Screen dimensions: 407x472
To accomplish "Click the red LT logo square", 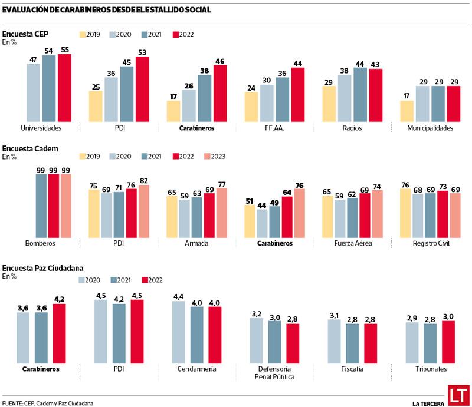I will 457,395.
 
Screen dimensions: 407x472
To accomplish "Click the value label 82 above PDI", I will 143,180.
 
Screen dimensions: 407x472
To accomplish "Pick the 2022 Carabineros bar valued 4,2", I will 60,333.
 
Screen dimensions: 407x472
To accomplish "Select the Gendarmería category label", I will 197,369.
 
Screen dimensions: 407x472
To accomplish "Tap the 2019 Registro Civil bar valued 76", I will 406,213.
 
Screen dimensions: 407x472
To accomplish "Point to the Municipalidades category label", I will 430,128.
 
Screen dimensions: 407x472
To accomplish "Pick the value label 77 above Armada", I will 221,184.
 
